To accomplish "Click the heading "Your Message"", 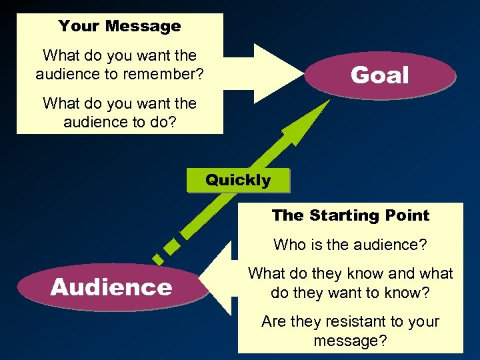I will (119, 27).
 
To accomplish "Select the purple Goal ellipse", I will (379, 75).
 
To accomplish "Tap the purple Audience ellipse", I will (111, 287).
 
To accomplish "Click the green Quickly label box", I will (238, 180).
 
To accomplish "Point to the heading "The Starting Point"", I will (351, 215).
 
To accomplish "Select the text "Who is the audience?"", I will (351, 245).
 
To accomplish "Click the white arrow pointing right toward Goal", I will (267, 73).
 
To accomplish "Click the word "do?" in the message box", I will (160, 123).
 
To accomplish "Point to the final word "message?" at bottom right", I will (351, 341).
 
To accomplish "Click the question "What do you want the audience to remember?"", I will (119, 65).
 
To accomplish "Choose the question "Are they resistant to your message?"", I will (351, 331).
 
